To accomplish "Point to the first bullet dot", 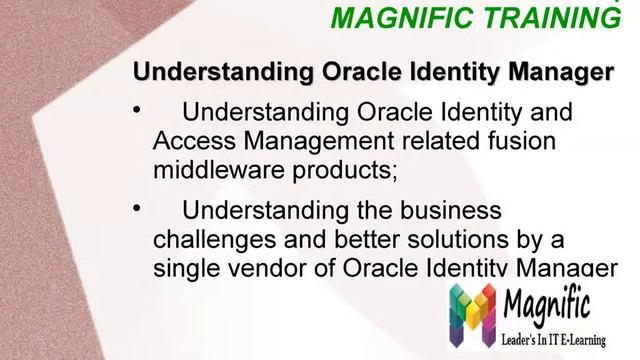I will pos(138,111).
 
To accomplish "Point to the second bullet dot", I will pos(138,210).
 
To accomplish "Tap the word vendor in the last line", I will pos(260,268).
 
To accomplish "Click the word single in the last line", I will pos(185,268).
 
